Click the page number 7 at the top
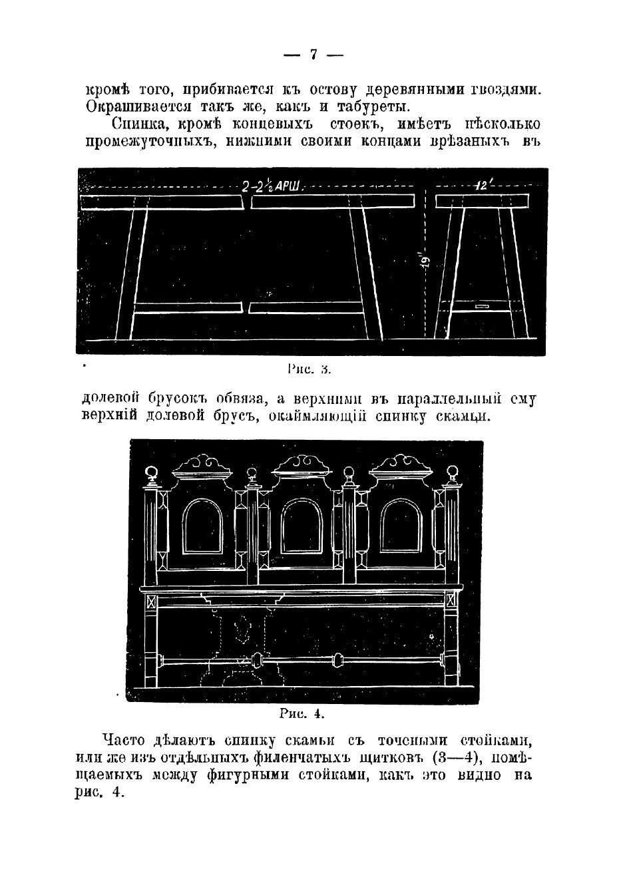coord(313,55)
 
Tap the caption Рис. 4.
coord(302,714)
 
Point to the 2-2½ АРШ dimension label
coord(273,187)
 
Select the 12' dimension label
coord(482,187)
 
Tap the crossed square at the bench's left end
coord(151,602)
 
